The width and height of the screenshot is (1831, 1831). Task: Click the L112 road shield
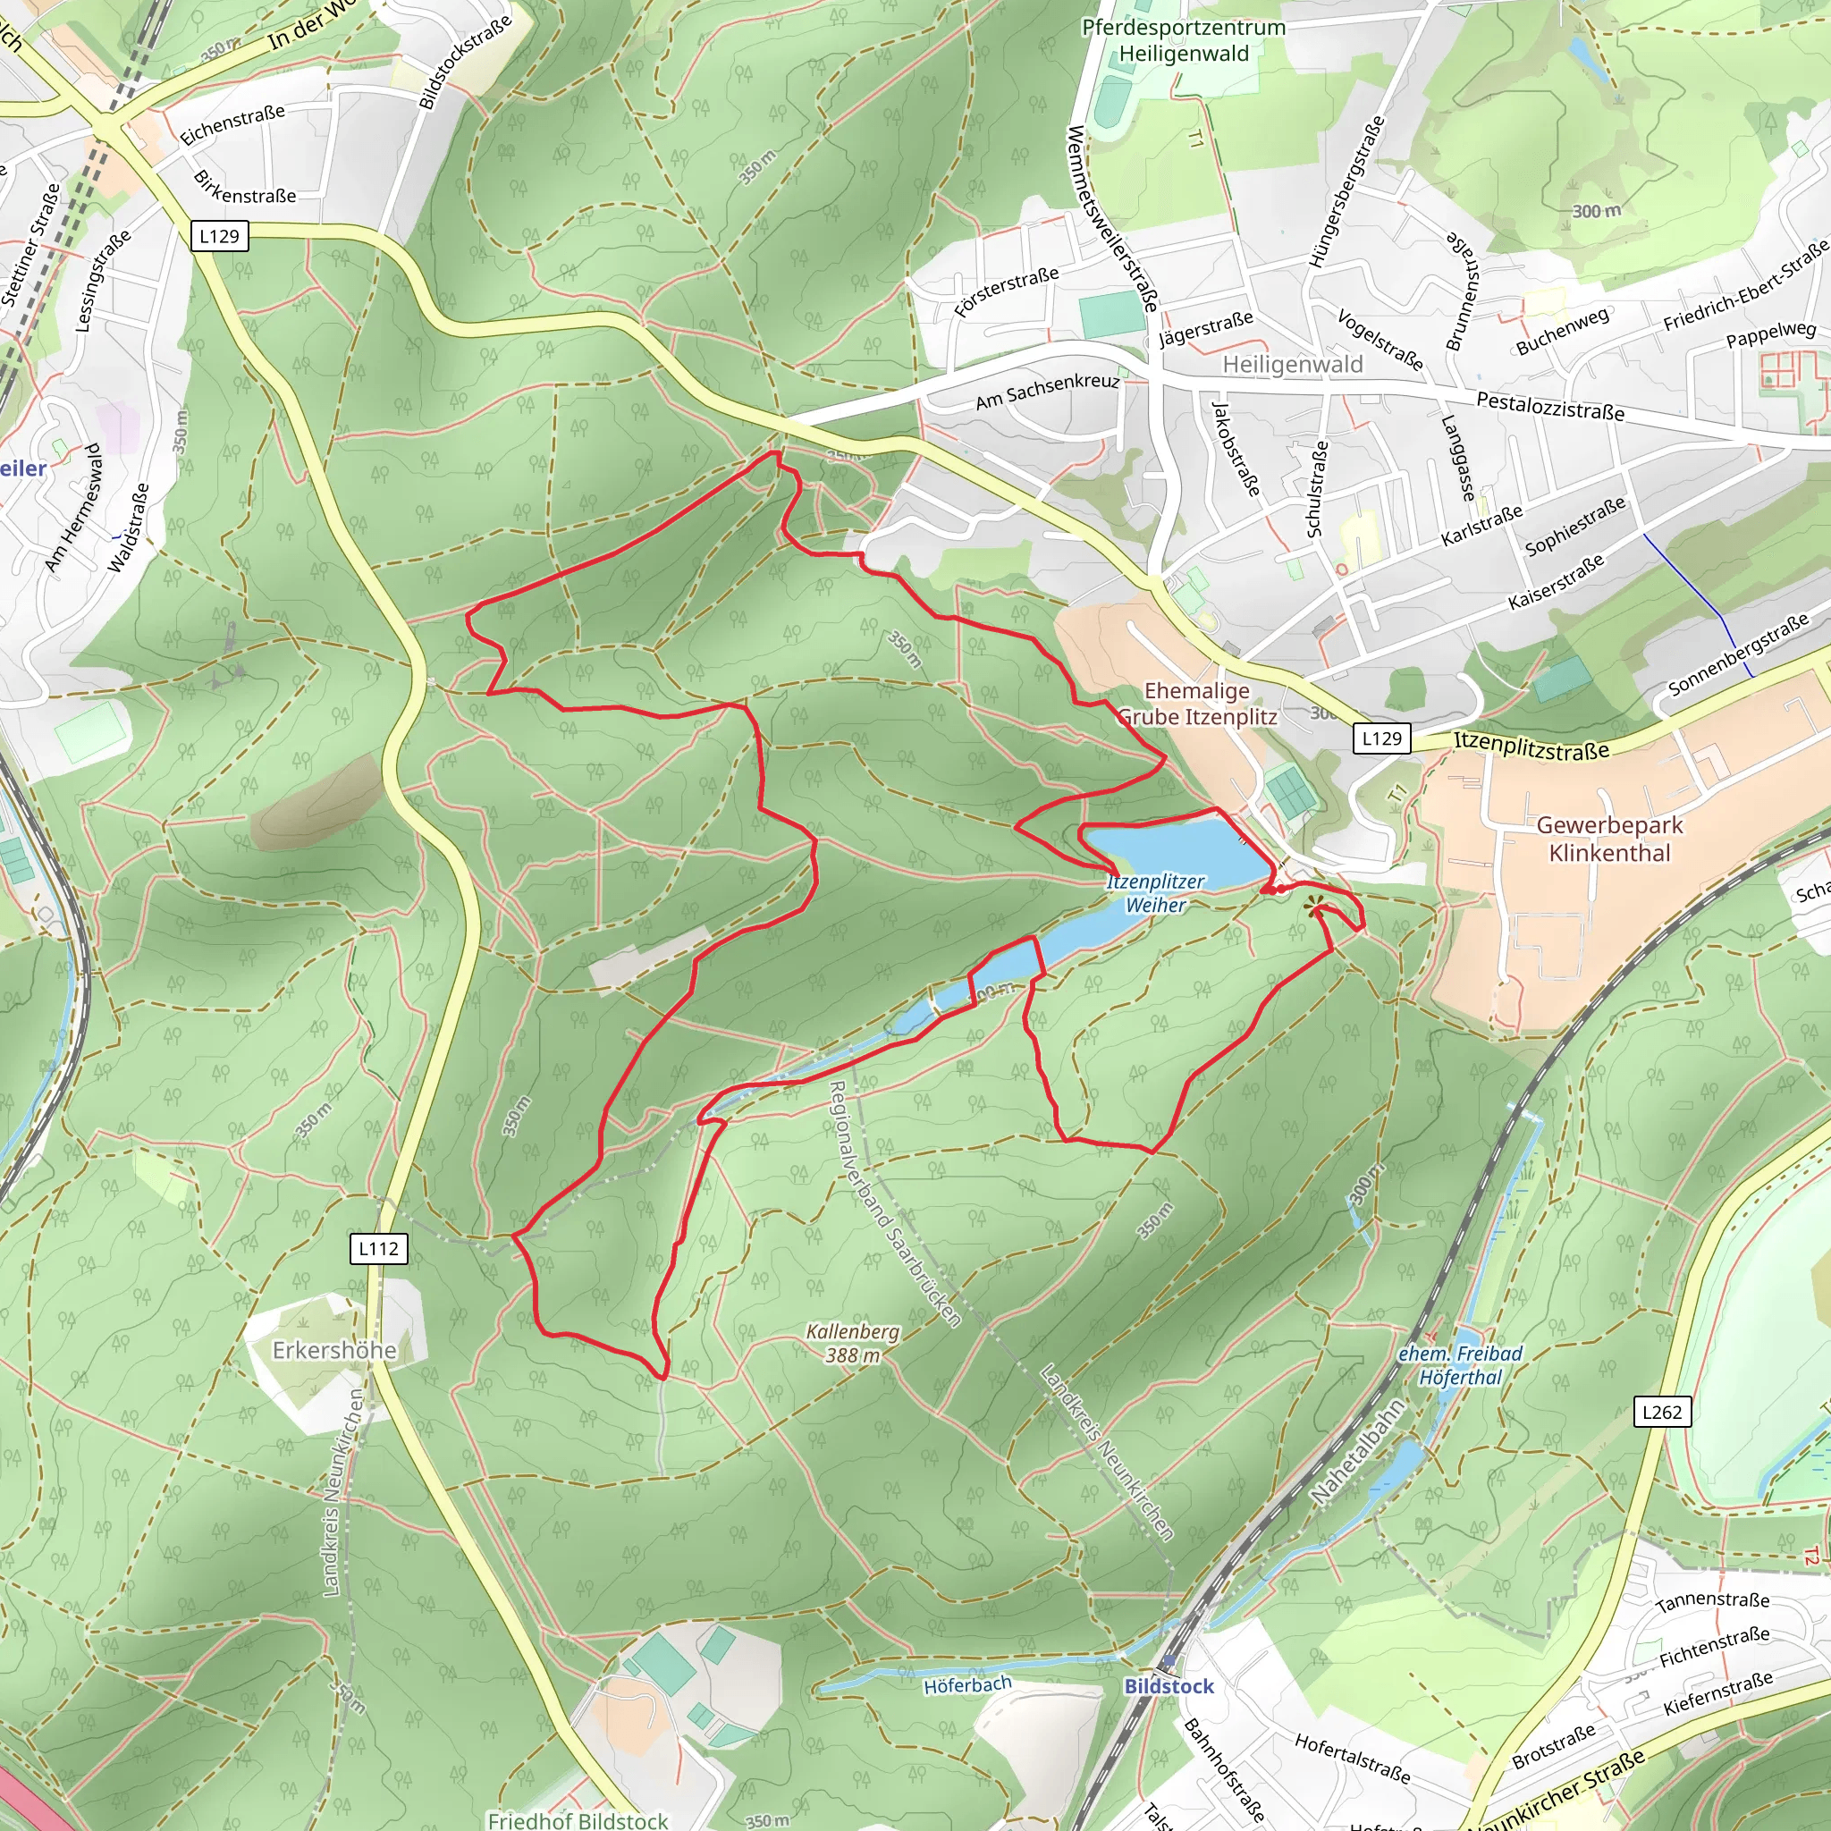click(x=379, y=1248)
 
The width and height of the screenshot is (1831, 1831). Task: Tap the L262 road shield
click(x=1662, y=1411)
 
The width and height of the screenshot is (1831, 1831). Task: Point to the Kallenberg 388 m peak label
click(x=852, y=1343)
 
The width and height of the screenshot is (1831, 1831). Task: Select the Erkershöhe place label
click(x=334, y=1349)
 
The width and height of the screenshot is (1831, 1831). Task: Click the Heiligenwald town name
click(x=1293, y=365)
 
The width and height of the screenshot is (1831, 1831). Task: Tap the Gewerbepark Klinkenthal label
click(x=1609, y=839)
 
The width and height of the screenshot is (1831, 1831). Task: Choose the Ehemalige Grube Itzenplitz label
click(x=1197, y=704)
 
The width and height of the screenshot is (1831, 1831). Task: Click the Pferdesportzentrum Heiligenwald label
click(x=1184, y=41)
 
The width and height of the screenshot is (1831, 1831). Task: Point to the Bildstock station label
click(x=1169, y=1686)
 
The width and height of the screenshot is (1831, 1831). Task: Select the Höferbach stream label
click(x=967, y=1684)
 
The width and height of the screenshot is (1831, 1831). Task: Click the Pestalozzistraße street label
click(x=1550, y=406)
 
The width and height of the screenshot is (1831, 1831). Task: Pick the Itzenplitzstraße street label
click(x=1531, y=746)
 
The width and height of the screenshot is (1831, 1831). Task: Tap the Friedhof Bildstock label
click(x=578, y=1819)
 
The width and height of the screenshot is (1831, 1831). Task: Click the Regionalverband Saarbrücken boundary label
click(x=894, y=1203)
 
